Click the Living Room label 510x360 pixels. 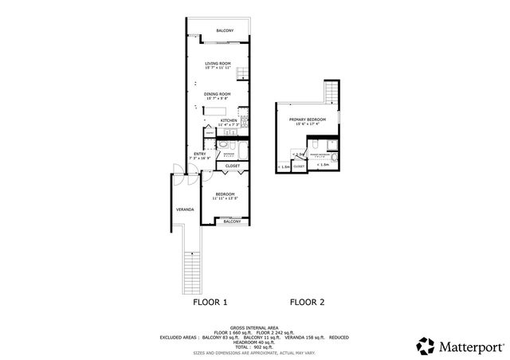tap(218, 63)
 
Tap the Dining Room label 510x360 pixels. tap(218, 94)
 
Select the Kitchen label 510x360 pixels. tap(229, 120)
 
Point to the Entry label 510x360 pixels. tap(199, 154)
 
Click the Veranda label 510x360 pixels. tap(186, 210)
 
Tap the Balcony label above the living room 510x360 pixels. tap(225, 31)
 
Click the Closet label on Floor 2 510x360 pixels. tap(298, 166)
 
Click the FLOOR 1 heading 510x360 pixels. tap(210, 302)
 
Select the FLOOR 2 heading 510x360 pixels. tap(307, 302)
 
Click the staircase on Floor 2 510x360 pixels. tap(331, 92)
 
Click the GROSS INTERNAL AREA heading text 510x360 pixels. tap(255, 327)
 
